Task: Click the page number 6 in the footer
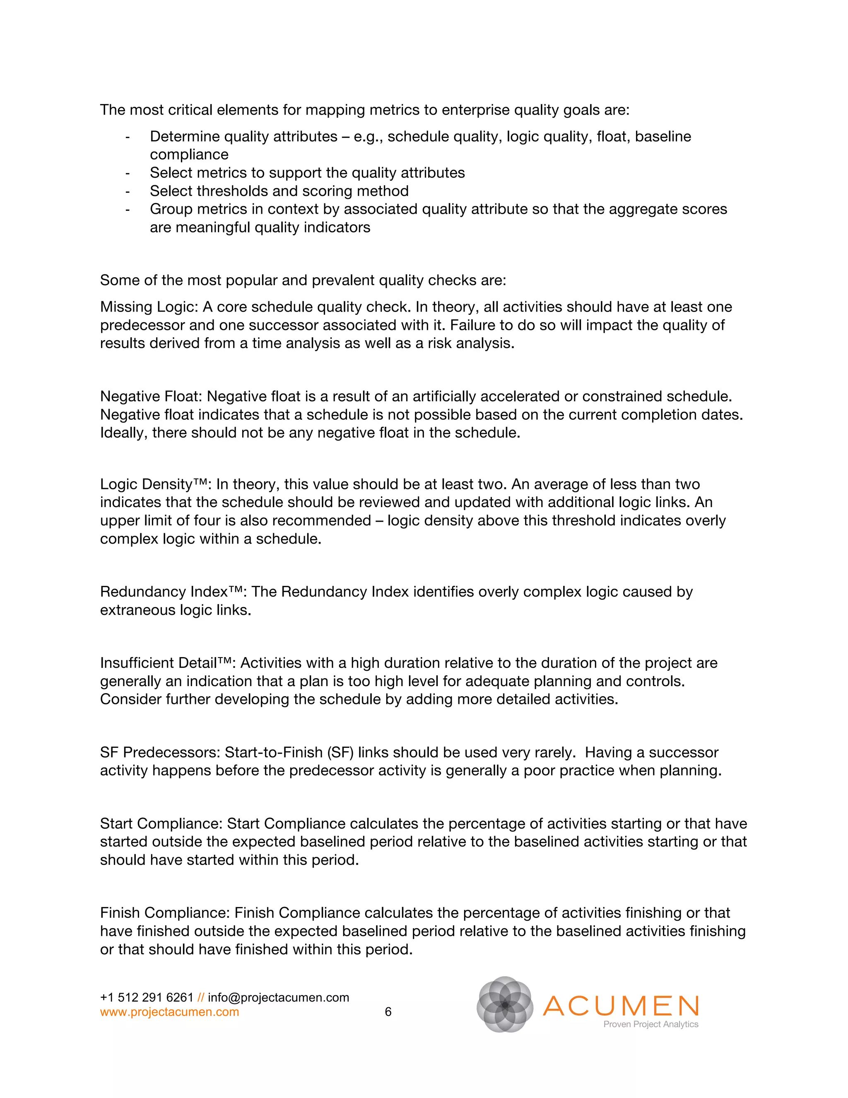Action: (x=388, y=1011)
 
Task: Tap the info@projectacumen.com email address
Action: (x=278, y=997)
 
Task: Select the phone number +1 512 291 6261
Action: (x=147, y=997)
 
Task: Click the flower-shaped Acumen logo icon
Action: (x=505, y=1004)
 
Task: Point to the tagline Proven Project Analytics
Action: (x=650, y=1024)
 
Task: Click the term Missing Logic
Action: (x=148, y=307)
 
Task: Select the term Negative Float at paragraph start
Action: (x=150, y=396)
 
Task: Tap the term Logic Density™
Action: (x=153, y=484)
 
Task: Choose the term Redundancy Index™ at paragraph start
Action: (x=171, y=591)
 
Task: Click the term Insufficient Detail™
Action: (x=165, y=663)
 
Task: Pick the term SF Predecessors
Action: (x=160, y=752)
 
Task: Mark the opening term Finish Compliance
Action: (x=165, y=912)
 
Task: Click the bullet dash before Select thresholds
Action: (x=128, y=191)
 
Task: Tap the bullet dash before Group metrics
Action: (x=128, y=209)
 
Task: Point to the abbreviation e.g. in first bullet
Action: (x=368, y=137)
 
